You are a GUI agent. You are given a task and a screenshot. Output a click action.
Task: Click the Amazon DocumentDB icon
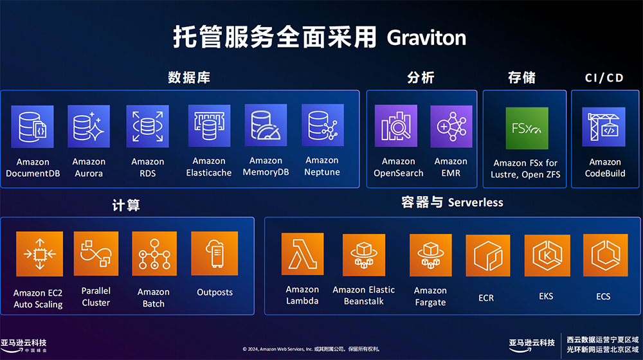[32, 127]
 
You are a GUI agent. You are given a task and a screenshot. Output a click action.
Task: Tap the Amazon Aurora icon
[89, 126]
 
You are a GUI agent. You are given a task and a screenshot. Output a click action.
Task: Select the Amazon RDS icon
[148, 126]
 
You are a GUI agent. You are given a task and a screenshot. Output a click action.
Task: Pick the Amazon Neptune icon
[322, 125]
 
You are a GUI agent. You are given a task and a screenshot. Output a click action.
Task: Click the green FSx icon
[527, 129]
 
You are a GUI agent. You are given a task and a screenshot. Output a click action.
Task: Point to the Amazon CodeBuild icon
[604, 127]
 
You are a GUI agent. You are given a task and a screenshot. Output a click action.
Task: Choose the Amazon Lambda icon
[302, 254]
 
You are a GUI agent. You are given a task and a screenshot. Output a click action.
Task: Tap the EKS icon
[547, 255]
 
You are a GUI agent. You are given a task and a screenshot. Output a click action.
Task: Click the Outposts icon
[215, 253]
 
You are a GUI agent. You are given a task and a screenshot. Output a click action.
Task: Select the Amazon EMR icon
[451, 126]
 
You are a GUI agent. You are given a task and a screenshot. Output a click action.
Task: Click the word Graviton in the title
[426, 38]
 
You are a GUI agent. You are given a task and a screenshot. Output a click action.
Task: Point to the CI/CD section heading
[604, 78]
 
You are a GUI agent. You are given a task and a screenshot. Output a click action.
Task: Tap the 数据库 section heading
[189, 78]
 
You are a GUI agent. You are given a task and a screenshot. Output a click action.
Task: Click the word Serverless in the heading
[475, 203]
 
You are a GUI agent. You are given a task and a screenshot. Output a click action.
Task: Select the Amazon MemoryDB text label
[266, 166]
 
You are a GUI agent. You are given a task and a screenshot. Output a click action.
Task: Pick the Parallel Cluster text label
[96, 296]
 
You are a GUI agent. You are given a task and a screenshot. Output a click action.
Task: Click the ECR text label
[486, 298]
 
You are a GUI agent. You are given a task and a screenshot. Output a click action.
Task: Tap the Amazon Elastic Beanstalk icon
[364, 255]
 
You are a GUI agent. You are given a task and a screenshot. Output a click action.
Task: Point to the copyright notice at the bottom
[311, 349]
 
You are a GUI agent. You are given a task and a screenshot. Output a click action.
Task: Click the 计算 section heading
[126, 205]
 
